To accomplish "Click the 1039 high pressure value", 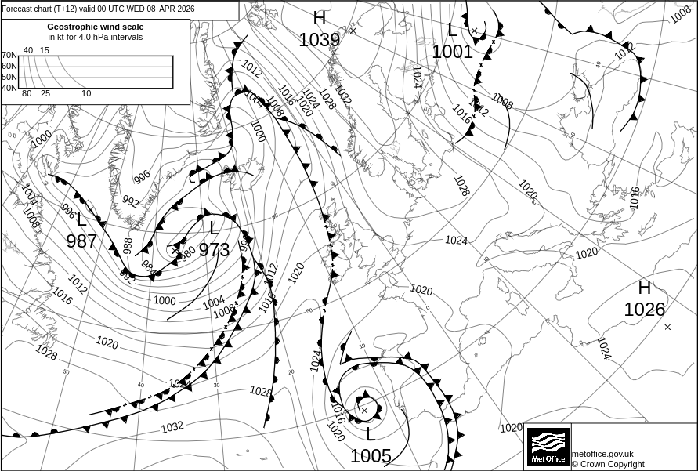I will point(319,40).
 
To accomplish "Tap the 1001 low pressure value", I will point(452,52).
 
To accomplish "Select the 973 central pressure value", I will point(214,250).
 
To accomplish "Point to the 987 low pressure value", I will point(81,241).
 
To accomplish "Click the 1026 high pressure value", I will point(644,310).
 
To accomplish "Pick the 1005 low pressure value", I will point(371,455).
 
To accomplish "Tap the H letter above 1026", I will point(644,288).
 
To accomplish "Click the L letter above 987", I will point(81,220).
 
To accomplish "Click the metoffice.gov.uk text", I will point(602,454).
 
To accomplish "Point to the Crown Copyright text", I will point(608,464).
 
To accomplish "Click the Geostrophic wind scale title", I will point(95,27).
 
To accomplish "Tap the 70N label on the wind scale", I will point(9,56).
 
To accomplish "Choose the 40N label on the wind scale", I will point(9,88).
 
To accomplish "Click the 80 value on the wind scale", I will point(27,94).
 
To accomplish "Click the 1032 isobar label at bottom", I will point(172,427).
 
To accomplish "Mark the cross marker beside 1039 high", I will point(353,31).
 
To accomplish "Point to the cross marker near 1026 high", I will point(667,327).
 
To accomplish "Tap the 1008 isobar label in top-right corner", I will point(681,14).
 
